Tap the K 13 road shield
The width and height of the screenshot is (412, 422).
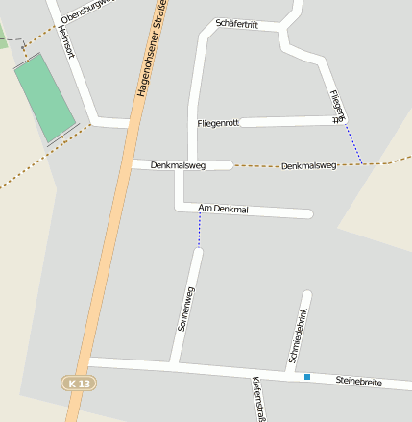[81, 383]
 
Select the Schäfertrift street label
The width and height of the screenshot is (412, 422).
[238, 22]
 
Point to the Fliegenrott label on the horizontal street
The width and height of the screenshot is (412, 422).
[217, 123]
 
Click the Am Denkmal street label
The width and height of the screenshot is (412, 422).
[223, 208]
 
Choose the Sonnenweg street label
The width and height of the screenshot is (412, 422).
[185, 309]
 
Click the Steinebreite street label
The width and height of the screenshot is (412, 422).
[358, 382]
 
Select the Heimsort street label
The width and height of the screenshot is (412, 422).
[66, 40]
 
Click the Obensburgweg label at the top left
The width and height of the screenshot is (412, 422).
[85, 12]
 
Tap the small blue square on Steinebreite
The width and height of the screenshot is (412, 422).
[307, 377]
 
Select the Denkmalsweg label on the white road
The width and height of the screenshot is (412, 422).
[178, 165]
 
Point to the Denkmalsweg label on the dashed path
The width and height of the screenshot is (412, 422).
[309, 166]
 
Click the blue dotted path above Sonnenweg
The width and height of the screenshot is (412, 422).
[200, 231]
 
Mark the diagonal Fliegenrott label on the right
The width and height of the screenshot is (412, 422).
[335, 107]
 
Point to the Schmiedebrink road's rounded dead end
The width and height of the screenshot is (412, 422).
[306, 295]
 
